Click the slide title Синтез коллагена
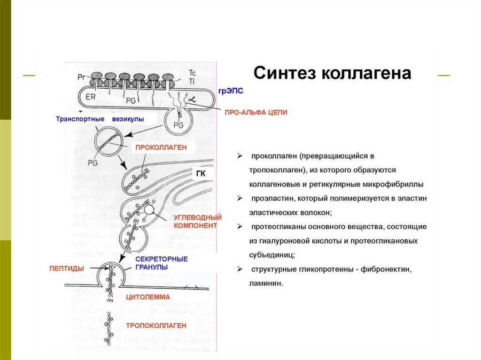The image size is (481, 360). pos(333,74)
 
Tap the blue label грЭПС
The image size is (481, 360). pos(231,91)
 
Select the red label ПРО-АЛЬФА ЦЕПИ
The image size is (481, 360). pos(256,113)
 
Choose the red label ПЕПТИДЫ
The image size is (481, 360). pos(67,268)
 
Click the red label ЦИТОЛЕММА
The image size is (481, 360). pos(148,297)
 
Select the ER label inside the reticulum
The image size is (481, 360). pos(91,97)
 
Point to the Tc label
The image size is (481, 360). pos(192,73)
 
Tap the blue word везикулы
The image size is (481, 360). pos(128,119)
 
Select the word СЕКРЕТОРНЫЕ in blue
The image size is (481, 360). pos(161,259)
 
